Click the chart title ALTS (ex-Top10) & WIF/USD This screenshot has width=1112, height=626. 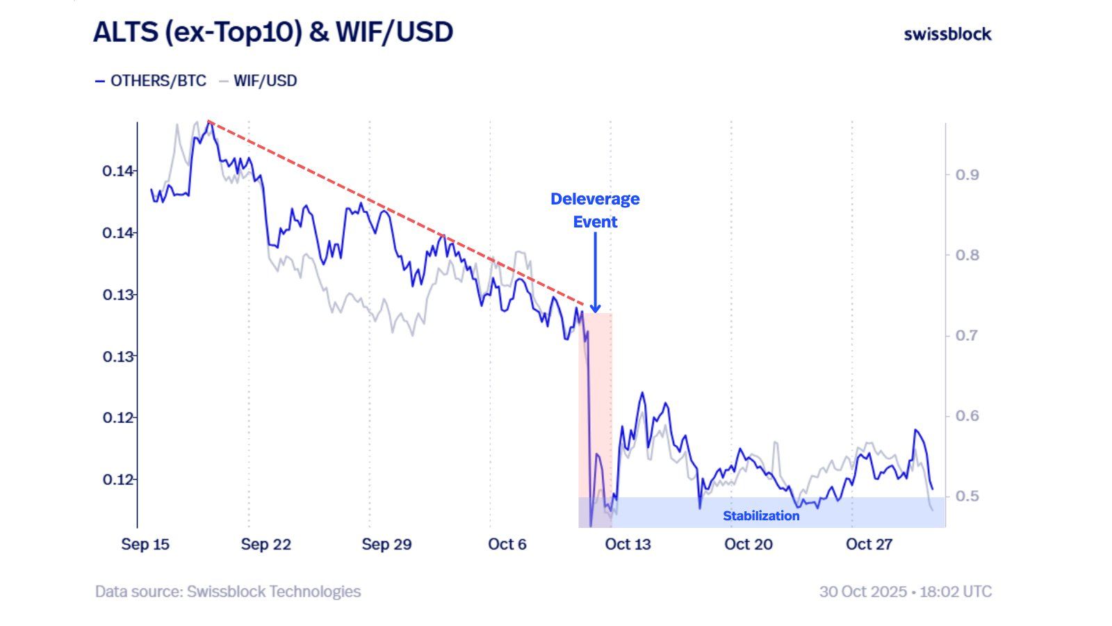(273, 33)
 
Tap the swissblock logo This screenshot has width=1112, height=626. (947, 34)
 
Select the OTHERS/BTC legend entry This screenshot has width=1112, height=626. (151, 81)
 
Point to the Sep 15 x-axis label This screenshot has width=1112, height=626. (145, 545)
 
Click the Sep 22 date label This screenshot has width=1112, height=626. (265, 545)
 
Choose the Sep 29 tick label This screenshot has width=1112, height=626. (386, 545)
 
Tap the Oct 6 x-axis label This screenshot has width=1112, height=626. (507, 545)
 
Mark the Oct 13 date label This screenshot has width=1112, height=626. (628, 545)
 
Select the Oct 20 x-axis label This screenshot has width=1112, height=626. (748, 545)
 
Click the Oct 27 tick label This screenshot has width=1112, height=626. (869, 545)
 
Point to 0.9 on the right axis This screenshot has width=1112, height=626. (967, 175)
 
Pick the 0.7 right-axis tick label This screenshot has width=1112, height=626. (967, 335)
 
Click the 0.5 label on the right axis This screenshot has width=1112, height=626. (967, 497)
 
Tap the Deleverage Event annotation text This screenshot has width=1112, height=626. (595, 210)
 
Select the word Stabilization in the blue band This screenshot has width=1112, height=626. (761, 516)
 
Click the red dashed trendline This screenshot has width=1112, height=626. (396, 213)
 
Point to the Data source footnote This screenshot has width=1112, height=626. (228, 592)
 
